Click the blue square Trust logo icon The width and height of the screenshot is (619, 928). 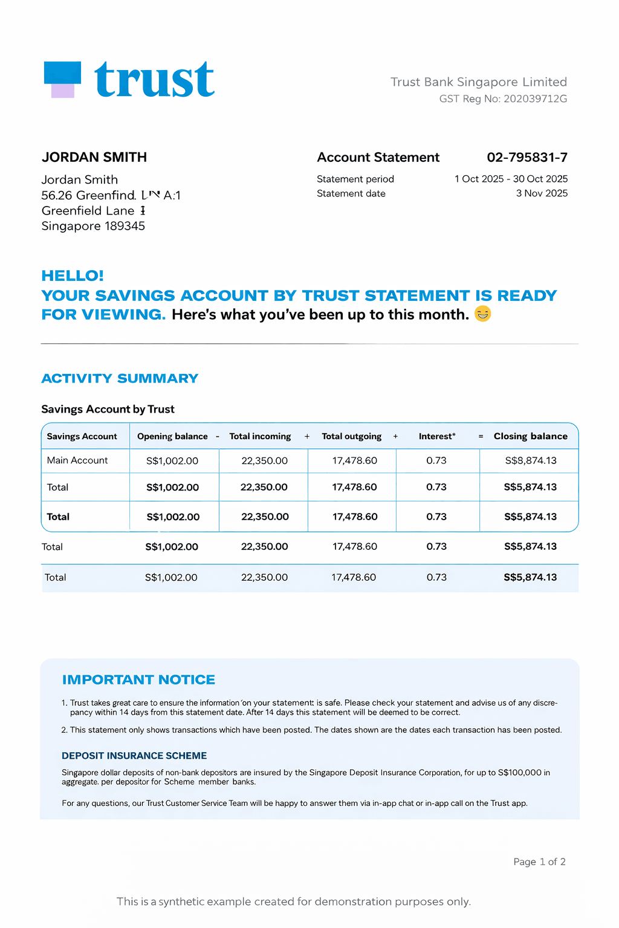[x=63, y=79]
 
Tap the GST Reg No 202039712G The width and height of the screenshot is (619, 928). [x=503, y=98]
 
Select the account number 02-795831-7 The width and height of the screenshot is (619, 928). [x=527, y=158]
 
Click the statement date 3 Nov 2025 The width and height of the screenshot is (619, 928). [x=542, y=193]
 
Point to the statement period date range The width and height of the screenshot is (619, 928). [x=511, y=179]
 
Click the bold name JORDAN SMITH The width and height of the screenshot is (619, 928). [x=94, y=158]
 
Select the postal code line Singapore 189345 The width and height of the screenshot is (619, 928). [x=93, y=226]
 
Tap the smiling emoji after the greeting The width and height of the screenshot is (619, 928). [x=482, y=314]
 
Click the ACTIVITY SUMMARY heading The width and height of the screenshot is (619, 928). [x=120, y=379]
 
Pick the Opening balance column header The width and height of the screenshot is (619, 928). [x=172, y=436]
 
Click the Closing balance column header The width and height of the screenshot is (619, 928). [x=530, y=436]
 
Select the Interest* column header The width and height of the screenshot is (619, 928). [x=437, y=436]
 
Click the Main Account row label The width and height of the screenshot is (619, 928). [x=77, y=460]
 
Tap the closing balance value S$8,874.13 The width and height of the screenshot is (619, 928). [x=531, y=460]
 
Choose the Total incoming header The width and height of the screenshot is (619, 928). [x=260, y=436]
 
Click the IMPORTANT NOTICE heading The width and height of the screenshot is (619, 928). [x=138, y=680]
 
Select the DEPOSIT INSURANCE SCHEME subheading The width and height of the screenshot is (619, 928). [x=134, y=756]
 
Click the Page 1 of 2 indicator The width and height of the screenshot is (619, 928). [x=539, y=862]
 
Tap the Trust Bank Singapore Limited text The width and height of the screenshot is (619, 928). [x=479, y=82]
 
